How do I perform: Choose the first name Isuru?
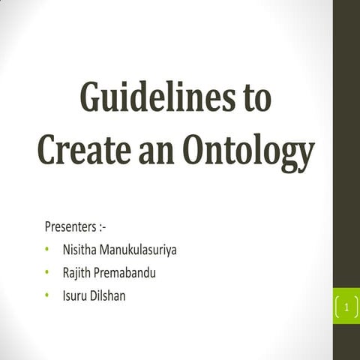[x=74, y=295]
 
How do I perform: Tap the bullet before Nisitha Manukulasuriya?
[x=47, y=248]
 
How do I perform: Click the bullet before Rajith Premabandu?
[x=47, y=272]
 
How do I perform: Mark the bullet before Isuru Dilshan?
[x=47, y=296]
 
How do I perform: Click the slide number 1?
[x=346, y=307]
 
